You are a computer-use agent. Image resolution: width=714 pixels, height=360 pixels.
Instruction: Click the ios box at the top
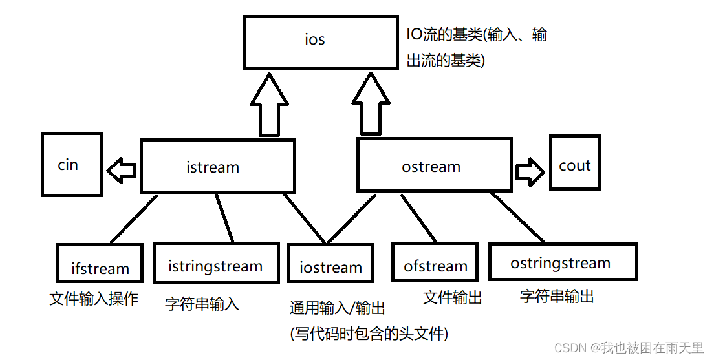(320, 41)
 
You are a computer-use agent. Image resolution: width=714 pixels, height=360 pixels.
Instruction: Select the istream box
(217, 166)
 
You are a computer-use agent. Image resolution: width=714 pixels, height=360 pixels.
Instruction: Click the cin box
(71, 164)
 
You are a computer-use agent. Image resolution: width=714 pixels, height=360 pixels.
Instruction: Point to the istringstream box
(215, 264)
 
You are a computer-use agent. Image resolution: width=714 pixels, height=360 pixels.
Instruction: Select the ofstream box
(435, 262)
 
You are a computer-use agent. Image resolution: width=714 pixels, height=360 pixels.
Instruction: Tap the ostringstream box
(562, 261)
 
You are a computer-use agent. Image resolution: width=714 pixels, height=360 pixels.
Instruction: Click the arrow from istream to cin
(122, 171)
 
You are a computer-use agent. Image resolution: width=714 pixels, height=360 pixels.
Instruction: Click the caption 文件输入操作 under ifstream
(94, 299)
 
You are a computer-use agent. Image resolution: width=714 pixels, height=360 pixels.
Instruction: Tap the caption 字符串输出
(557, 296)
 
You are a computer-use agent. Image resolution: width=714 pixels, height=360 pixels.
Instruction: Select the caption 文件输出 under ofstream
(453, 297)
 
